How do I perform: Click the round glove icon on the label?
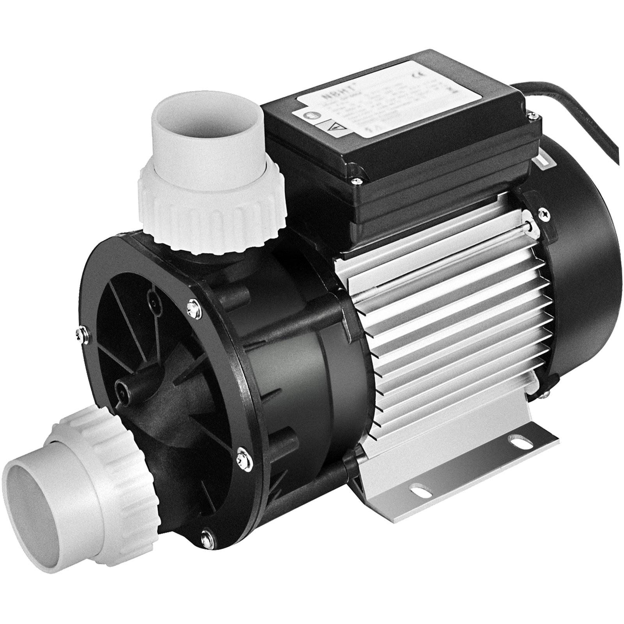pos(306,116)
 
